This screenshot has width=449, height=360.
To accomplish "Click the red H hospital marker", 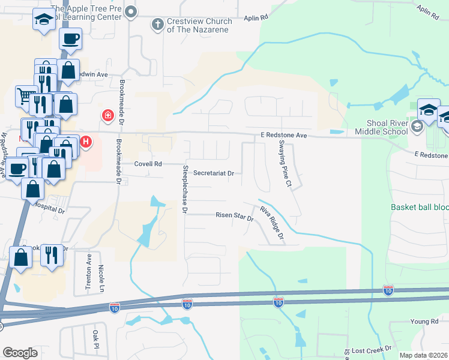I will point(86,142).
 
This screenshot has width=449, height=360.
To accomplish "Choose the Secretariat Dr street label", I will point(213,173).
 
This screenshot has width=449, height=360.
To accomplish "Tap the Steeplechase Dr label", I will point(185,188).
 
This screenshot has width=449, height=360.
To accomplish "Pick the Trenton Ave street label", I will point(88,279).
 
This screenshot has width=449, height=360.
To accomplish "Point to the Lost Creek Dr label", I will point(372,349).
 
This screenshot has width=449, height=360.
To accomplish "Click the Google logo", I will point(20,353).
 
